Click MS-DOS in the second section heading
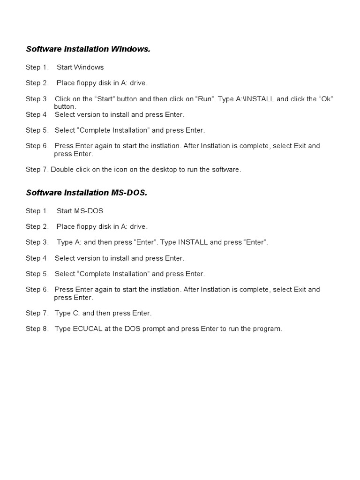[x=129, y=193]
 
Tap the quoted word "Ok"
[x=326, y=99]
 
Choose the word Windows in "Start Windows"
[x=89, y=67]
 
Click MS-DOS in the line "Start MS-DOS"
[x=89, y=211]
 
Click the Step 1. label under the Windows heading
[x=37, y=67]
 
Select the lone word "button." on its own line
[x=65, y=106]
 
